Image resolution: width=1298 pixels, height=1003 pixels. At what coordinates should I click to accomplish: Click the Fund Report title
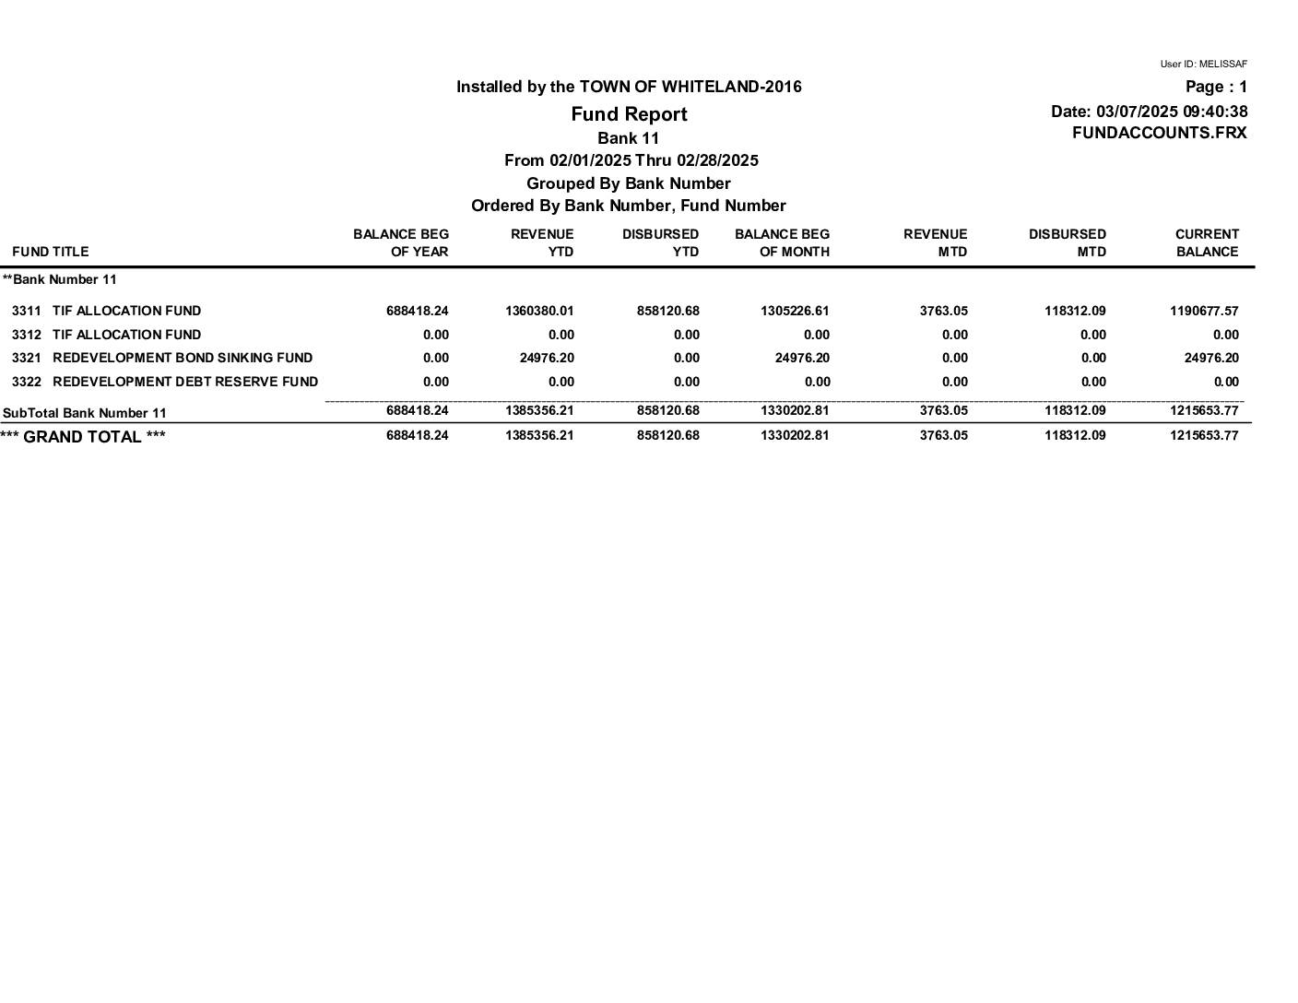[629, 114]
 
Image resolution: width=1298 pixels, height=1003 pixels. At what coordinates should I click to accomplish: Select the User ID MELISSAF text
[1203, 65]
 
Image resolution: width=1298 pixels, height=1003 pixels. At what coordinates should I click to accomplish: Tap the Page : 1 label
[1216, 87]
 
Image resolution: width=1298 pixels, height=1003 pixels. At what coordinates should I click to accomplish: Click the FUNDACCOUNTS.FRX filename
[1159, 133]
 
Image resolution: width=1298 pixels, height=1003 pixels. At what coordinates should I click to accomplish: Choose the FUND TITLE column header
[51, 252]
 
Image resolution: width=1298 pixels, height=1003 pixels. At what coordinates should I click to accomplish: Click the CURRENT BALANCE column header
[1206, 242]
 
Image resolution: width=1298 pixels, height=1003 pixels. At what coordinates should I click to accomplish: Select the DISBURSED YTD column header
[660, 242]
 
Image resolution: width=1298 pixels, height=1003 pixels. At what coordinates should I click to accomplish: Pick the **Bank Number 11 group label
[60, 279]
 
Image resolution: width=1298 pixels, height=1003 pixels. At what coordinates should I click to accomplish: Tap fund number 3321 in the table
[27, 358]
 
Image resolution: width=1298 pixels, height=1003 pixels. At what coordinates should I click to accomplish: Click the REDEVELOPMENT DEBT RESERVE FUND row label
[185, 382]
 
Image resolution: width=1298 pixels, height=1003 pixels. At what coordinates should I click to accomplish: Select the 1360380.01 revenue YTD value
[539, 311]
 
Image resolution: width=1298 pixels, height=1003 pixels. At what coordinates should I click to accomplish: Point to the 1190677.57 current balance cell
[1204, 311]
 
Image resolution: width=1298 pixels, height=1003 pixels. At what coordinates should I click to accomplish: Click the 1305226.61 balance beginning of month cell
[795, 311]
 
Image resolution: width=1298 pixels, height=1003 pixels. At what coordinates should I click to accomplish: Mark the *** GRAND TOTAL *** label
[83, 437]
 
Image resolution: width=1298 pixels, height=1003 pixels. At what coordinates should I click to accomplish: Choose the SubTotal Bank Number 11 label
[85, 413]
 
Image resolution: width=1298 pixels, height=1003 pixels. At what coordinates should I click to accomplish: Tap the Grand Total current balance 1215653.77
[1204, 435]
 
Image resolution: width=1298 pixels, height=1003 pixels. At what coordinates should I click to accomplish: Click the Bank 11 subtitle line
[628, 138]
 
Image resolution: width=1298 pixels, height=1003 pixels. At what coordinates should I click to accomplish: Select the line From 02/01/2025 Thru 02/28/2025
[631, 160]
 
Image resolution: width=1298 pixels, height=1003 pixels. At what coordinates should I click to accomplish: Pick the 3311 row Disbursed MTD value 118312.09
[1074, 311]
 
